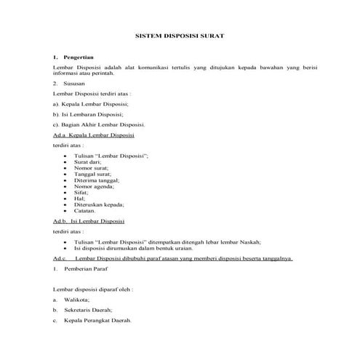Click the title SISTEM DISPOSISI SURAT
[x=180, y=34]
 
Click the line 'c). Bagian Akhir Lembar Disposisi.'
[x=99, y=125]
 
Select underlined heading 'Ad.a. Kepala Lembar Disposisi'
[x=92, y=135]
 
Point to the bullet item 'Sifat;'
[x=81, y=193]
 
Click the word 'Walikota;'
[x=76, y=300]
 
